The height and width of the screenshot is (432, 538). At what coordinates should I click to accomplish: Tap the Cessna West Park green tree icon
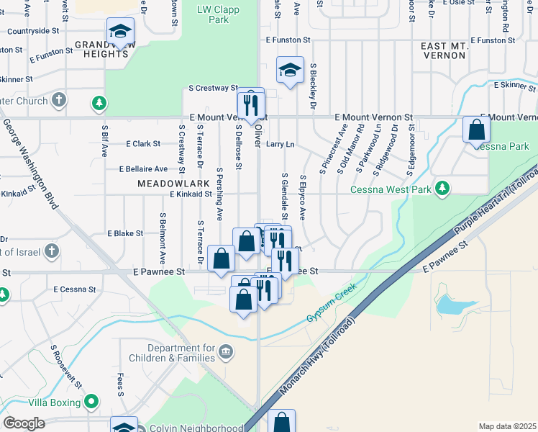(x=444, y=189)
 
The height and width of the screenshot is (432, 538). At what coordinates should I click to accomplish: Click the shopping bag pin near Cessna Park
(x=476, y=130)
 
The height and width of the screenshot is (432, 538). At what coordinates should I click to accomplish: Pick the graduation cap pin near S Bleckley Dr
(x=290, y=71)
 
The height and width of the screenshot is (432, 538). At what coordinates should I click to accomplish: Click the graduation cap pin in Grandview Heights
(x=120, y=32)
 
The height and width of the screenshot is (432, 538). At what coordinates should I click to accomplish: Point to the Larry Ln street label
(x=281, y=144)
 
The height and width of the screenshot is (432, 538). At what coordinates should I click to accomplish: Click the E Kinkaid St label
(x=191, y=194)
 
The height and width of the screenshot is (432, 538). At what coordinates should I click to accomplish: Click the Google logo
(x=24, y=423)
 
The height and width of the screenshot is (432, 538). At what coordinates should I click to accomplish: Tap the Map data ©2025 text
(x=506, y=426)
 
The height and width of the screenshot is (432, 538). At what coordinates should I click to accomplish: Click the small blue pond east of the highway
(x=450, y=305)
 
